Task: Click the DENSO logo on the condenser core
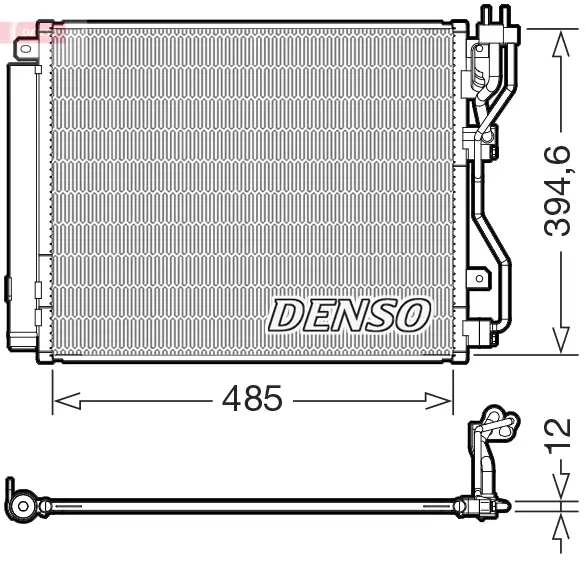point(347,315)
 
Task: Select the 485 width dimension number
point(252,400)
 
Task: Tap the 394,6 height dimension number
point(556,190)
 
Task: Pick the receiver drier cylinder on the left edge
point(19,200)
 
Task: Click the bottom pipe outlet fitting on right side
point(484,331)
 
